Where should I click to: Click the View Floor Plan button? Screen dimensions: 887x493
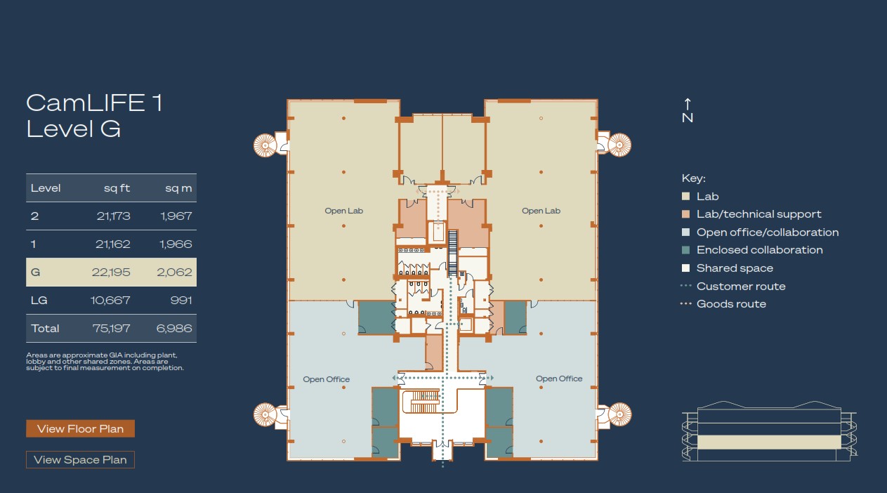pyautogui.click(x=80, y=428)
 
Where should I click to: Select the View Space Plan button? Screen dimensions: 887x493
pyautogui.click(x=80, y=460)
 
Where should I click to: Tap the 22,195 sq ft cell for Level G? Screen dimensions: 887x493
pyautogui.click(x=111, y=272)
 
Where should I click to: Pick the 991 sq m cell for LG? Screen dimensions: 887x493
pyautogui.click(x=181, y=300)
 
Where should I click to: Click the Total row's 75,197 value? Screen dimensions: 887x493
pyautogui.click(x=111, y=328)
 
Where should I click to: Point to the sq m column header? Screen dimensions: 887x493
pyautogui.click(x=178, y=188)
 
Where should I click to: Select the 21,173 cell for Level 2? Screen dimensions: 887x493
pyautogui.click(x=113, y=216)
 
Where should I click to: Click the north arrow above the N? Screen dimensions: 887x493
pyautogui.click(x=688, y=104)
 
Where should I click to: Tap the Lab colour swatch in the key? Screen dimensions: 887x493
pyautogui.click(x=686, y=197)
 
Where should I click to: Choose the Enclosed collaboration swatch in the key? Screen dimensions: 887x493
pyautogui.click(x=686, y=250)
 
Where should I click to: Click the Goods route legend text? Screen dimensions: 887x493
pyautogui.click(x=731, y=303)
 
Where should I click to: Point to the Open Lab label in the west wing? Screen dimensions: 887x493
pyautogui.click(x=343, y=211)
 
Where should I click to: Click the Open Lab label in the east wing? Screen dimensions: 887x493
pyautogui.click(x=541, y=211)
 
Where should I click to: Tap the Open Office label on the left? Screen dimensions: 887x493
pyautogui.click(x=327, y=379)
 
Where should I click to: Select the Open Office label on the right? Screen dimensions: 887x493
pyautogui.click(x=559, y=379)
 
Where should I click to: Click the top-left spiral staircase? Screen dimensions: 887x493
pyautogui.click(x=265, y=145)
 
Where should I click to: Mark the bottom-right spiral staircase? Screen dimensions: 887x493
pyautogui.click(x=619, y=414)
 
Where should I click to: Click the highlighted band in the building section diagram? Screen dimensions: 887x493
pyautogui.click(x=769, y=442)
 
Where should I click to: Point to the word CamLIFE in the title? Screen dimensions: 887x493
pyautogui.click(x=86, y=103)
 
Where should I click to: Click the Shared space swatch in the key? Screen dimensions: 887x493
pyautogui.click(x=686, y=268)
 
